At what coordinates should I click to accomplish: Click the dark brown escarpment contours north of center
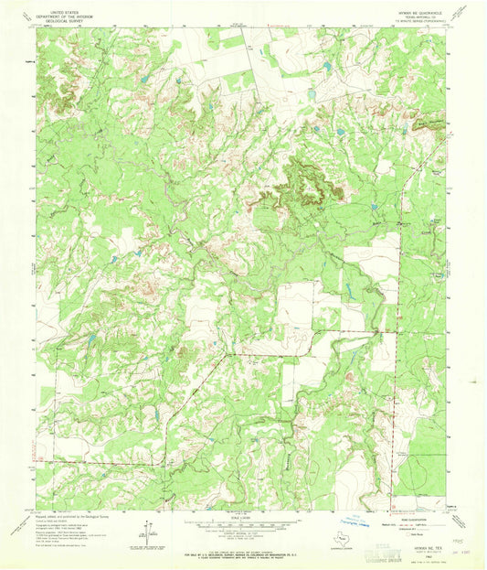click(304, 178)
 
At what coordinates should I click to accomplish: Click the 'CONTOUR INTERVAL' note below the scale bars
click(243, 541)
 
